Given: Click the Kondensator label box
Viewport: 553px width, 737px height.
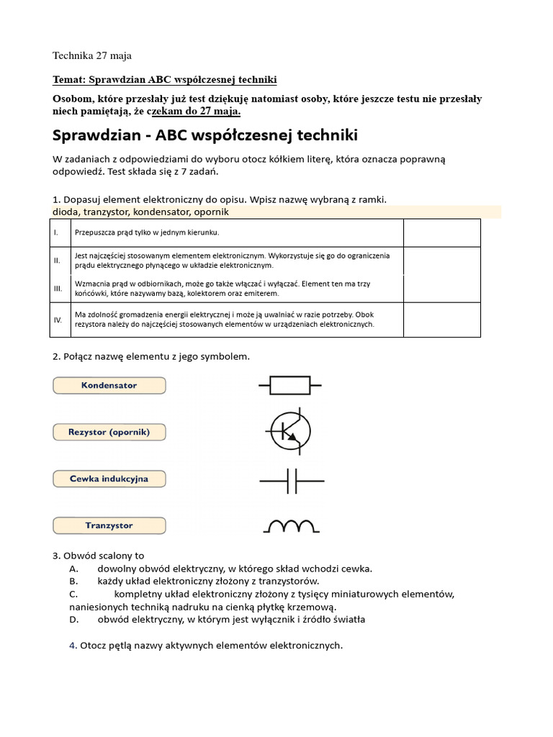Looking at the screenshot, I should coord(109,386).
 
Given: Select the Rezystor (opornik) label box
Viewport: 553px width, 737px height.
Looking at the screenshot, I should coord(109,433).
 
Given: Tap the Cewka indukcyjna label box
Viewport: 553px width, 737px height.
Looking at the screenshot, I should coord(109,479).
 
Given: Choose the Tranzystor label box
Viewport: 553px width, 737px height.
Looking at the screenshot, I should coord(109,525).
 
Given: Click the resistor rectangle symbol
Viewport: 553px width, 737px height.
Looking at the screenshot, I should coord(290,386).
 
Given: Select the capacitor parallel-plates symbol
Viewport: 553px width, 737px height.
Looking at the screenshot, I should coord(292,480).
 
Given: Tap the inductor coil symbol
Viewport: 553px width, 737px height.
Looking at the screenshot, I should coord(291,527).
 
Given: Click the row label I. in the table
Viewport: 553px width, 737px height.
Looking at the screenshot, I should coord(56,233).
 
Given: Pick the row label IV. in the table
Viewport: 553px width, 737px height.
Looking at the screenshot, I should coord(58,319).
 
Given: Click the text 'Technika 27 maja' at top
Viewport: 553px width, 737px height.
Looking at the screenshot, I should coord(92,55).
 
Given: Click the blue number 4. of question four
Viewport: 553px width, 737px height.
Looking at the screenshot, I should coord(73,646).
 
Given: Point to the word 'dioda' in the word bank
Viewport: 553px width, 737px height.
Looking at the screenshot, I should coord(66,212).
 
